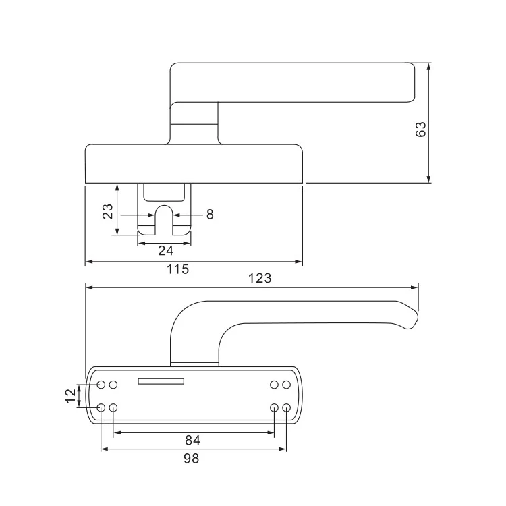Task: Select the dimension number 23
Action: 107,210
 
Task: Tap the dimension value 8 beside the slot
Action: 210,215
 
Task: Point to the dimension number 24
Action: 165,250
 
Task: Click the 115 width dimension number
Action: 177,269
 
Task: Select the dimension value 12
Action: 70,396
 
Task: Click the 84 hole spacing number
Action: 193,441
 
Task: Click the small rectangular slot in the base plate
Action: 161,382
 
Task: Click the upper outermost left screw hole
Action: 101,385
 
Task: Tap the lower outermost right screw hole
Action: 286,408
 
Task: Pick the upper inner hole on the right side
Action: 275,385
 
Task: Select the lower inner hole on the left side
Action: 113,408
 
